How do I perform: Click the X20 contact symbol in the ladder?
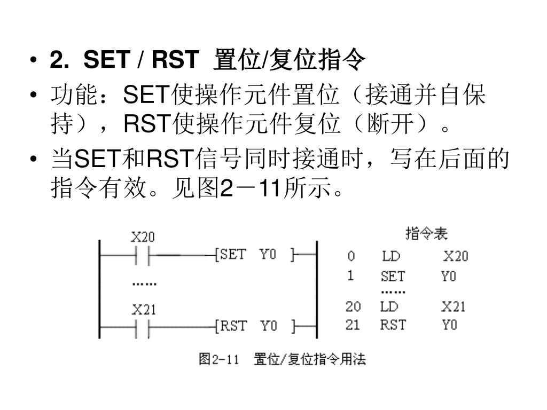tap(143, 255)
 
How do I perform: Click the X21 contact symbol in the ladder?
tap(143, 327)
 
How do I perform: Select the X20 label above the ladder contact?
tap(143, 236)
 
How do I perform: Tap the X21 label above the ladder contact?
tap(143, 310)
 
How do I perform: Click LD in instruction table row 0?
tap(391, 257)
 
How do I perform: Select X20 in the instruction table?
tap(456, 257)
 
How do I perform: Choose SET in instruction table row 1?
tap(393, 277)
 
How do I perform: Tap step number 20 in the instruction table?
tap(353, 307)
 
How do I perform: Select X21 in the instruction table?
tap(453, 307)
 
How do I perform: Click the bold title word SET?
tap(105, 60)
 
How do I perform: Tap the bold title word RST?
tap(175, 60)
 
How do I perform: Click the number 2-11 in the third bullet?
tap(251, 187)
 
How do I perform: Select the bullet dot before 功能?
tap(34, 97)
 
